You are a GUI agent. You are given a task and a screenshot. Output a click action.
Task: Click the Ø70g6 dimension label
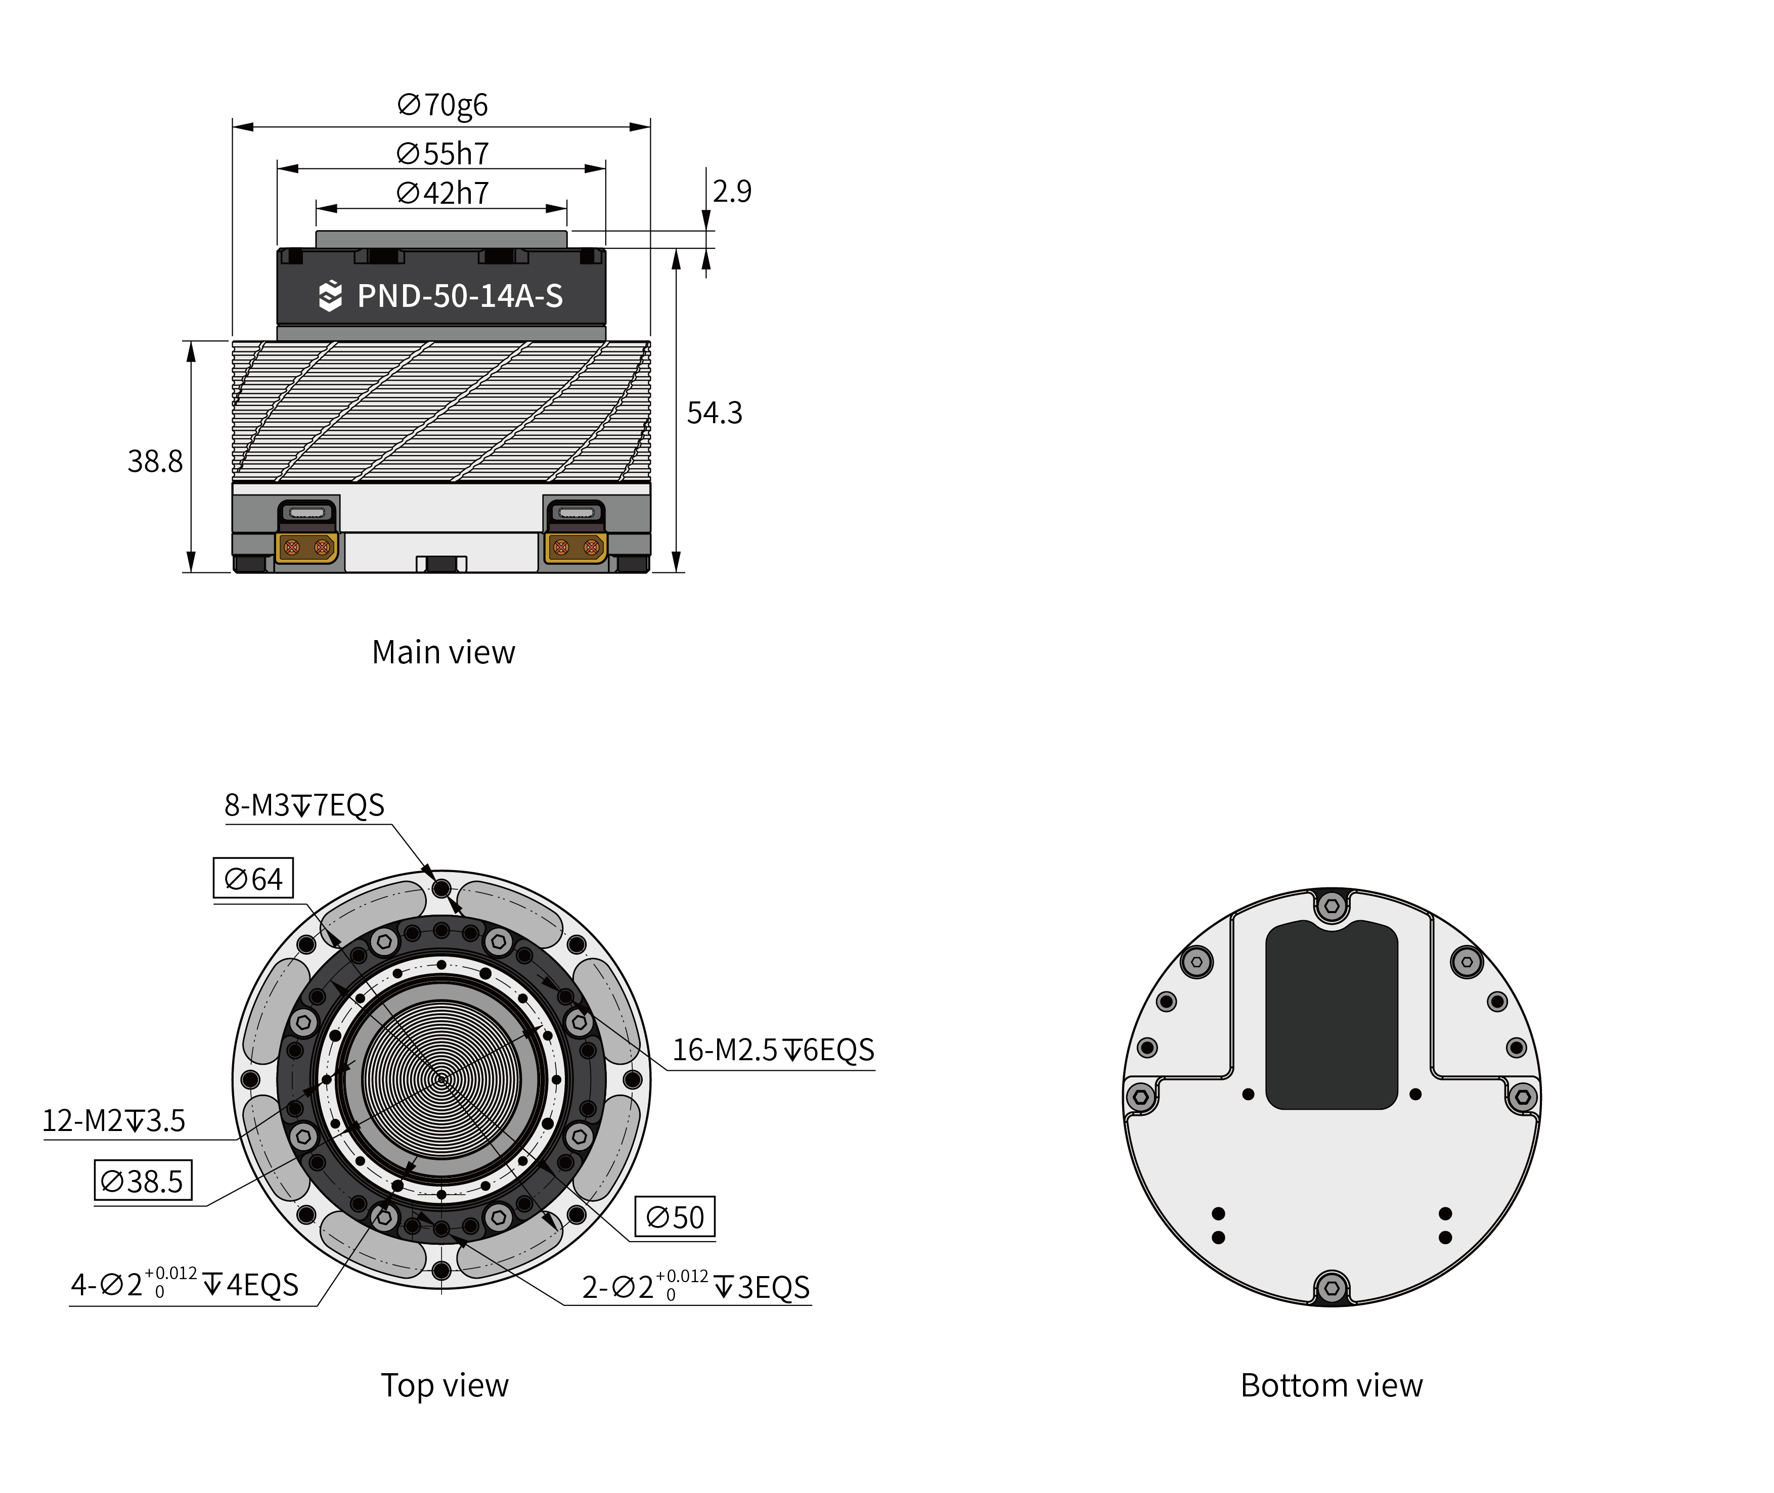(x=442, y=105)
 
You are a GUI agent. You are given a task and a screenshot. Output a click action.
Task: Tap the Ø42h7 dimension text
(x=442, y=193)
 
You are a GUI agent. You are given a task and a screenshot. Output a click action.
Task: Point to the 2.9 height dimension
(x=731, y=191)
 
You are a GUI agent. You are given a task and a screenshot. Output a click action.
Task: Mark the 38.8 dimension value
(x=155, y=461)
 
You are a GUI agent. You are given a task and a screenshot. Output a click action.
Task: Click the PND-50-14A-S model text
(x=460, y=296)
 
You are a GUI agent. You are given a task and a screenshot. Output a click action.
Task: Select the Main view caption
(x=442, y=653)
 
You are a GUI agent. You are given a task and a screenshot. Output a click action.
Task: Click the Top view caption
(x=445, y=1385)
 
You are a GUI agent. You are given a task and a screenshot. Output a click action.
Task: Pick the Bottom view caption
(x=1330, y=1385)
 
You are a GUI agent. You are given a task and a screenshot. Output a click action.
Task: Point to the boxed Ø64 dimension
(x=253, y=879)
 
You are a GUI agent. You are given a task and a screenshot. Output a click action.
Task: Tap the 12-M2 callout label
(x=113, y=1120)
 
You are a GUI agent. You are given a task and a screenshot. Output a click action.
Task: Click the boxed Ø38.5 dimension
(x=142, y=1181)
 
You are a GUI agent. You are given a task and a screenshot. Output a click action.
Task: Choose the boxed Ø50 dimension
(x=675, y=1217)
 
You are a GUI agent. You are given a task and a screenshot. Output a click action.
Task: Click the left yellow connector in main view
(x=306, y=548)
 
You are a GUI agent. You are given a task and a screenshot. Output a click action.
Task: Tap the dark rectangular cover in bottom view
(x=1330, y=1016)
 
